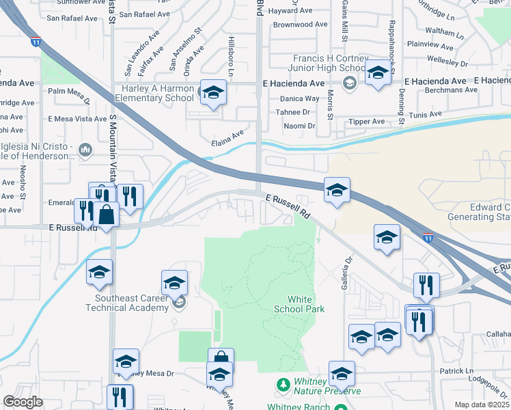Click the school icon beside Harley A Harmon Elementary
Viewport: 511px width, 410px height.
tap(212, 92)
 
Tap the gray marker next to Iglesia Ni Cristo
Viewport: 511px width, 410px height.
tap(85, 149)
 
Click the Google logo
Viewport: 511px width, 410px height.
tap(23, 402)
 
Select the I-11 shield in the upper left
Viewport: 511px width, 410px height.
tap(36, 42)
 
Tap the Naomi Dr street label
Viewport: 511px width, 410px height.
tap(299, 126)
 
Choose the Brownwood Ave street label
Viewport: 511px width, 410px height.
tap(301, 25)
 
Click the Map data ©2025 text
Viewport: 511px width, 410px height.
tap(481, 405)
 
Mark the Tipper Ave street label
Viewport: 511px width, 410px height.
tap(367, 122)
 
